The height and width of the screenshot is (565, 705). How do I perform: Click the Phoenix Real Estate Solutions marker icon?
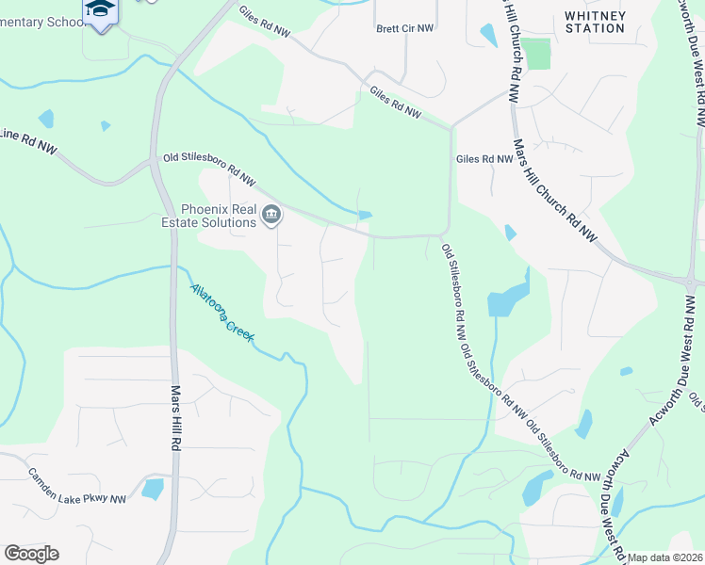coord(271,216)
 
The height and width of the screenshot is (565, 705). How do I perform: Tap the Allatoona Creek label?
coord(222,313)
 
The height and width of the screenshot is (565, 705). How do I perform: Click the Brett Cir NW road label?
coord(405,28)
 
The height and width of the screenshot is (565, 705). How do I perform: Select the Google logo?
coord(31,554)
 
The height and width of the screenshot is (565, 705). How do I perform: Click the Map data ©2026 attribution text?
coord(664,557)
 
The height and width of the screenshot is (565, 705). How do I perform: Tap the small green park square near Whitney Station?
coord(536,54)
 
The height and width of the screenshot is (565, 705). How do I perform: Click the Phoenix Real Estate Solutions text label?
coord(218,216)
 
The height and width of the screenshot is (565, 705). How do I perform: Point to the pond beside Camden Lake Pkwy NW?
coord(152,489)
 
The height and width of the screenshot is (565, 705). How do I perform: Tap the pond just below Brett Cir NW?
coord(488,36)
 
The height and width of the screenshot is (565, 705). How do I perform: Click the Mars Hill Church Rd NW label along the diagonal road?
coord(555,189)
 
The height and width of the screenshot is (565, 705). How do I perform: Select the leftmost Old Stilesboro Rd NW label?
coord(209,169)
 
